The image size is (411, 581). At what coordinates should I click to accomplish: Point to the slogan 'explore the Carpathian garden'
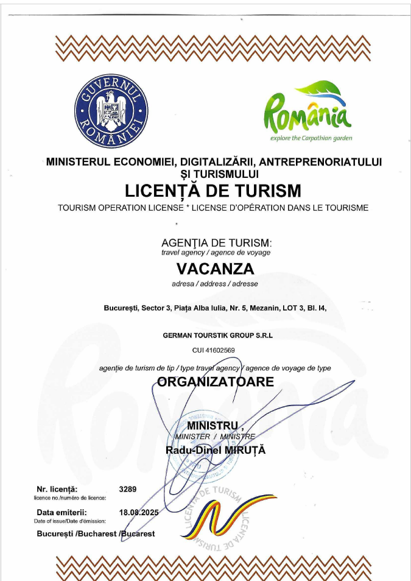tap(311, 138)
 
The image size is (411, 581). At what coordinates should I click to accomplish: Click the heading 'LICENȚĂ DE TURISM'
tap(213, 191)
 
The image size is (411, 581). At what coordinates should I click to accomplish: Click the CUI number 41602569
tap(213, 350)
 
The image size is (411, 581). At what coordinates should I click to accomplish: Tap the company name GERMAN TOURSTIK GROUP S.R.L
tap(213, 335)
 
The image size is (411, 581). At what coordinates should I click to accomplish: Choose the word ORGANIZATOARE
tap(216, 382)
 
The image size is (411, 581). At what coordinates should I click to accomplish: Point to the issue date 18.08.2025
tap(139, 512)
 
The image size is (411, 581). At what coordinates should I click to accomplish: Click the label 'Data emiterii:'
tap(61, 512)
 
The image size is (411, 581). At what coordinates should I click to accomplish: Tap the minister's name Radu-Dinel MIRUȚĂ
tap(216, 450)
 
